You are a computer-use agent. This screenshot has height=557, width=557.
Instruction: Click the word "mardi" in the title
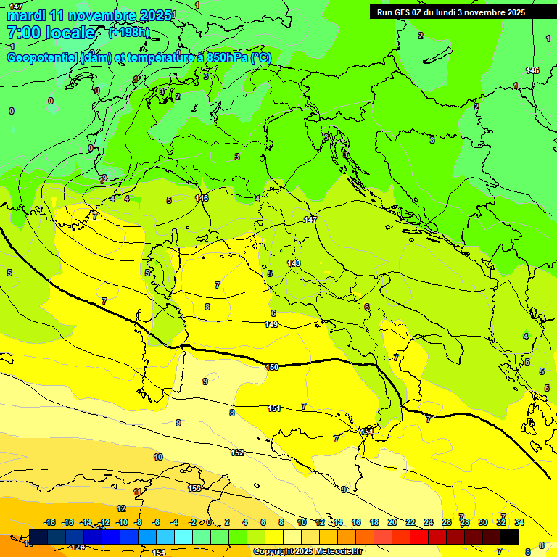(x=26, y=15)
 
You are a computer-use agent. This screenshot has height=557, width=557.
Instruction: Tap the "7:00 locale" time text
(x=51, y=33)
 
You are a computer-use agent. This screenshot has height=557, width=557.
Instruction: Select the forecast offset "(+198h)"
(x=128, y=33)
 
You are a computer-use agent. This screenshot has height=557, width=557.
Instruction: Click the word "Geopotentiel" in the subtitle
(x=42, y=57)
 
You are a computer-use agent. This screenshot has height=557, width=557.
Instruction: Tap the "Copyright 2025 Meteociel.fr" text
(x=308, y=551)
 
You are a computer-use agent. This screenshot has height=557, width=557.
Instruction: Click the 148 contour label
(x=294, y=263)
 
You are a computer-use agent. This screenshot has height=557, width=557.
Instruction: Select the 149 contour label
(x=271, y=324)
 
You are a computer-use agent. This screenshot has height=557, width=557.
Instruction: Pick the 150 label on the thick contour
(x=272, y=367)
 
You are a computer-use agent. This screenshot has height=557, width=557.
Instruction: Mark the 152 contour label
(x=237, y=453)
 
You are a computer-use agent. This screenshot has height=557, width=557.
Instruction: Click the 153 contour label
(x=194, y=488)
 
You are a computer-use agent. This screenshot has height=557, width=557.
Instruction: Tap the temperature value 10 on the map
(x=158, y=457)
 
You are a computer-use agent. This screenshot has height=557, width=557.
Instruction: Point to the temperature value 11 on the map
(x=138, y=492)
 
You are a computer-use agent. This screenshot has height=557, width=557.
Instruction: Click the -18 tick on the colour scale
(x=50, y=522)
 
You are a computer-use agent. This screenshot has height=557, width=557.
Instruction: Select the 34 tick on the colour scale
(x=519, y=522)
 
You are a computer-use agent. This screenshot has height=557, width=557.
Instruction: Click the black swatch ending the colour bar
(x=510, y=537)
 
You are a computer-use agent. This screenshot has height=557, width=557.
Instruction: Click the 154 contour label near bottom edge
(x=159, y=553)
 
